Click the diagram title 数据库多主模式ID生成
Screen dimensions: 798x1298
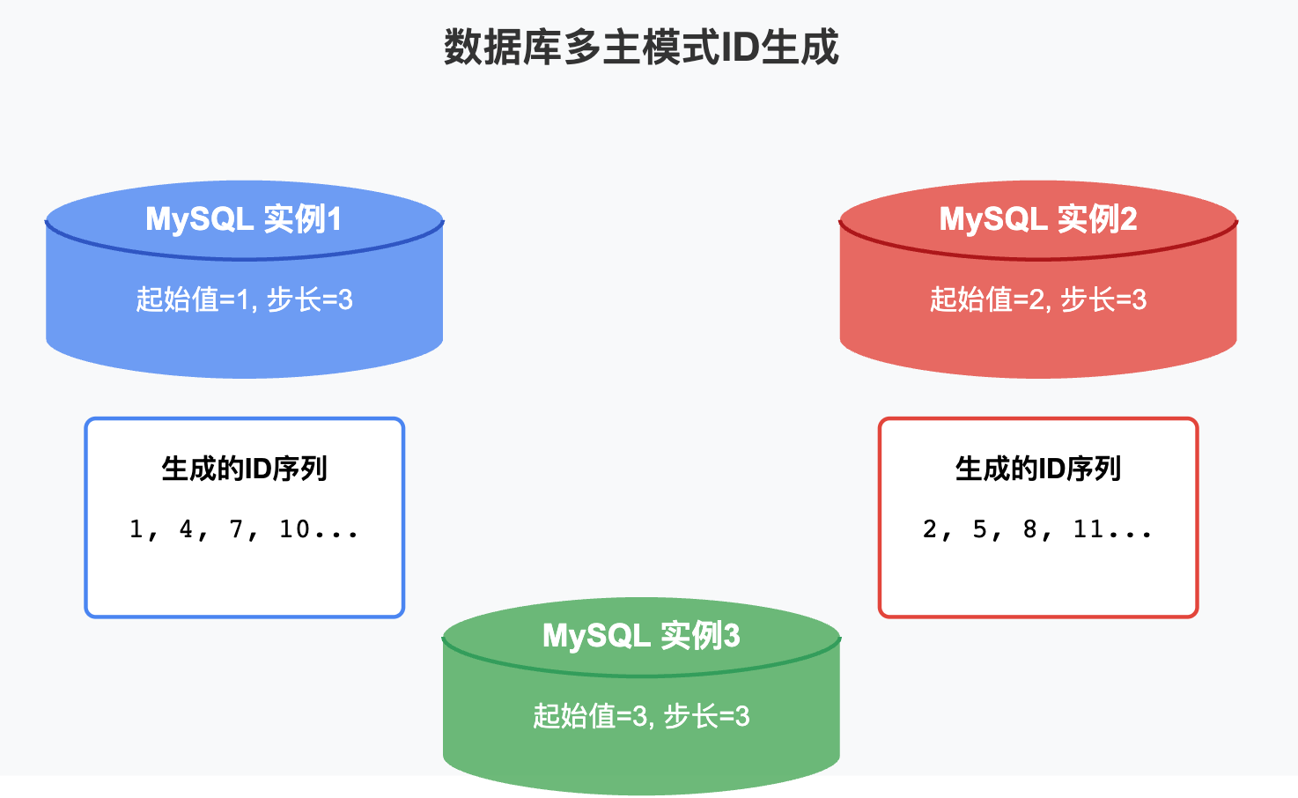pyautogui.click(x=641, y=48)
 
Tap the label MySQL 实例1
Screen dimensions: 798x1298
pyautogui.click(x=243, y=218)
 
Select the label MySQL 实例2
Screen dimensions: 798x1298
pyautogui.click(x=1038, y=218)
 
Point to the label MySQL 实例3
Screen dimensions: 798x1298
pyautogui.click(x=641, y=635)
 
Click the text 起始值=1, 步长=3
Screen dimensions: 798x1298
pyautogui.click(x=244, y=299)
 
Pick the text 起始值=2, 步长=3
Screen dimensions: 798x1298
pyautogui.click(x=1038, y=299)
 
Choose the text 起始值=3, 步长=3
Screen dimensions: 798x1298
pyautogui.click(x=641, y=716)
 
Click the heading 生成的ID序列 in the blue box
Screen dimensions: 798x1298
pyautogui.click(x=244, y=469)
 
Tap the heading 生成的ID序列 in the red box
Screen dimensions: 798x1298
pyautogui.click(x=1038, y=469)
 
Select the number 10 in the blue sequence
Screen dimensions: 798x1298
pyautogui.click(x=294, y=528)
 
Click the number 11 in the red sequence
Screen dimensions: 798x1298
pyautogui.click(x=1088, y=528)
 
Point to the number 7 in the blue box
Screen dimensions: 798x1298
pyautogui.click(x=236, y=528)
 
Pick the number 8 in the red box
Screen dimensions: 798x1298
pyautogui.click(x=1029, y=528)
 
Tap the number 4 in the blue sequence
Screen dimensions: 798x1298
pyautogui.click(x=186, y=528)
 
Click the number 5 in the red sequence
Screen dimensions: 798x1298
pyautogui.click(x=979, y=528)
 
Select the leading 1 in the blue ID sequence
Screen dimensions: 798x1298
pyautogui.click(x=136, y=528)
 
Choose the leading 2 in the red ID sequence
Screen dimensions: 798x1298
pyautogui.click(x=930, y=528)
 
